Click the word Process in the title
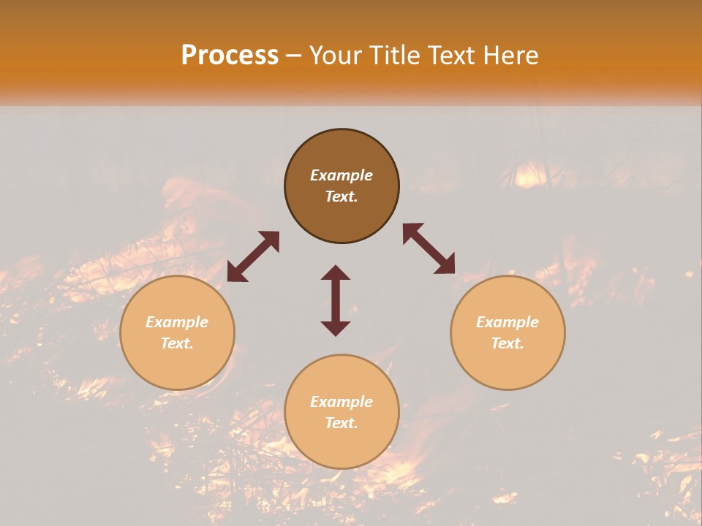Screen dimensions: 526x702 pyautogui.click(x=230, y=56)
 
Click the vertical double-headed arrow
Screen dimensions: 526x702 pyautogui.click(x=336, y=301)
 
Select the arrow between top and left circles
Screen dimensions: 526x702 pyautogui.click(x=253, y=256)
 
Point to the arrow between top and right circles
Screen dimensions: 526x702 pyautogui.click(x=429, y=248)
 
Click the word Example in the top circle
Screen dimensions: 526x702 pyautogui.click(x=341, y=175)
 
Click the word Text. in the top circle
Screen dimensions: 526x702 pyautogui.click(x=341, y=197)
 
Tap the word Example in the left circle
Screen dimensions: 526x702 pyautogui.click(x=177, y=322)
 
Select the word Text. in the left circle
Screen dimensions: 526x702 pyautogui.click(x=177, y=343)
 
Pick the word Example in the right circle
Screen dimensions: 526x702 pyautogui.click(x=507, y=322)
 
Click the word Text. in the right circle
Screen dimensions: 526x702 pyautogui.click(x=507, y=343)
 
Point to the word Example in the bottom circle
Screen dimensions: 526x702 pyautogui.click(x=341, y=402)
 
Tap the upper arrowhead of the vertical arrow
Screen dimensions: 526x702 pyautogui.click(x=336, y=274)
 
